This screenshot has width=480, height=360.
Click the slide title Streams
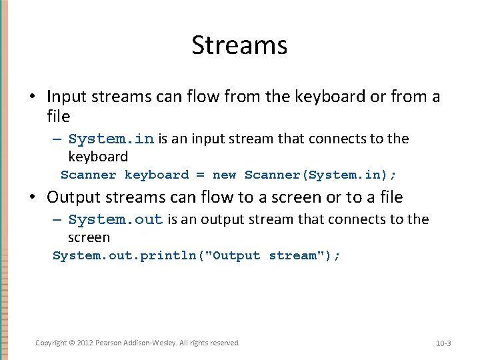(239, 45)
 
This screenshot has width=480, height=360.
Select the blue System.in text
(111, 139)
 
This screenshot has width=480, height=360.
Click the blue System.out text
(115, 220)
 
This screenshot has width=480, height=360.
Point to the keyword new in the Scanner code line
(224, 175)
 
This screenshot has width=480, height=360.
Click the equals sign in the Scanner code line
(200, 175)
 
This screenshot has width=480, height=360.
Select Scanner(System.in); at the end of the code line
(320, 175)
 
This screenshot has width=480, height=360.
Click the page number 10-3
(443, 343)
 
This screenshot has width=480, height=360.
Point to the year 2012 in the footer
(83, 343)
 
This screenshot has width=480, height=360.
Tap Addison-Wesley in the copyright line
(151, 343)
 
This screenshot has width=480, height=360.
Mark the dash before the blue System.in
(57, 139)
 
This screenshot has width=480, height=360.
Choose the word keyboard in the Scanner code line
(157, 175)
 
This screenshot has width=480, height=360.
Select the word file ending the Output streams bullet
(391, 197)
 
